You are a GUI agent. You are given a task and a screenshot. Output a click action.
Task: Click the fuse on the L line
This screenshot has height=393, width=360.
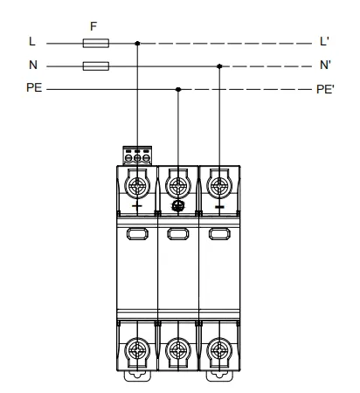click(96, 44)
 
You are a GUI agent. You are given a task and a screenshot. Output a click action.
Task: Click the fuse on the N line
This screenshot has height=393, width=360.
click(96, 66)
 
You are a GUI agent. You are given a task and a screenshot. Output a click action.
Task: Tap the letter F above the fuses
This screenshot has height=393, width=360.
click(93, 26)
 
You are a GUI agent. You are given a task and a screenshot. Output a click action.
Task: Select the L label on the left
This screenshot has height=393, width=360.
click(32, 41)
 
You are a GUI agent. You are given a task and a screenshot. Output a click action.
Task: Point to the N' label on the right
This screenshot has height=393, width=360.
click(325, 65)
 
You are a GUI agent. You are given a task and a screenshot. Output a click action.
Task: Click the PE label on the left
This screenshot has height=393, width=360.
click(34, 87)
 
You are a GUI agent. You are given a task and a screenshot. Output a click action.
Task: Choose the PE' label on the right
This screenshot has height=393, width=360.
click(325, 89)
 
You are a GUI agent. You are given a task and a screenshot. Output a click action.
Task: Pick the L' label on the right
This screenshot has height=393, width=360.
click(324, 41)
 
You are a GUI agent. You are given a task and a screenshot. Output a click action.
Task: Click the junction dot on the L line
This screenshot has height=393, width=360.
click(137, 44)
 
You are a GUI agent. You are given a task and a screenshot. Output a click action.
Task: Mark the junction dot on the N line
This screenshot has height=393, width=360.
click(219, 66)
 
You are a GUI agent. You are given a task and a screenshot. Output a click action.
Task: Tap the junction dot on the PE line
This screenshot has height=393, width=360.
click(178, 89)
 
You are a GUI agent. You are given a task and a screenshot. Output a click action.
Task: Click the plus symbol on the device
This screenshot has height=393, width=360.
click(137, 206)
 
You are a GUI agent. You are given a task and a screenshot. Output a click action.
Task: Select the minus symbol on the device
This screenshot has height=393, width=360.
click(219, 207)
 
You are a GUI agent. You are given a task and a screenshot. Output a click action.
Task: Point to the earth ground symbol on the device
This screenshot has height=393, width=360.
click(178, 206)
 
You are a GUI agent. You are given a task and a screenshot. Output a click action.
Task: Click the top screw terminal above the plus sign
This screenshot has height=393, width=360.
click(137, 186)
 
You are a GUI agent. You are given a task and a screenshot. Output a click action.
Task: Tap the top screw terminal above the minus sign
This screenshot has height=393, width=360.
click(219, 186)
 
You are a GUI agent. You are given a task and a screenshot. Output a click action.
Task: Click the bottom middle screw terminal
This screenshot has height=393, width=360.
click(178, 350)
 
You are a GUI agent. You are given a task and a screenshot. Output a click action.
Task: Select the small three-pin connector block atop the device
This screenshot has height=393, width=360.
click(137, 155)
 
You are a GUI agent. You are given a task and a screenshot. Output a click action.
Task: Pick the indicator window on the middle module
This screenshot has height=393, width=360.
click(178, 234)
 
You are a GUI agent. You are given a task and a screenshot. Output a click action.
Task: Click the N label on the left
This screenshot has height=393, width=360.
click(33, 65)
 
